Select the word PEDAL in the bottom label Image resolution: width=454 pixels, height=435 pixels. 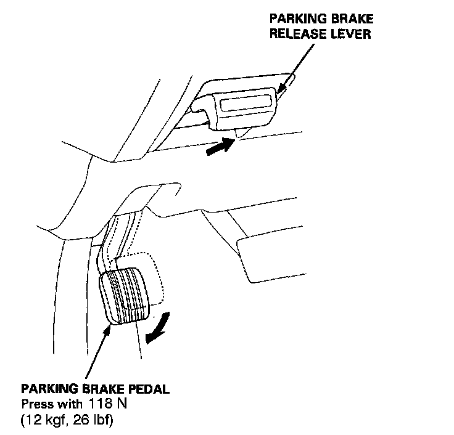(147, 389)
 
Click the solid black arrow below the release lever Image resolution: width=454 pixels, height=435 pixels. (221, 147)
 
